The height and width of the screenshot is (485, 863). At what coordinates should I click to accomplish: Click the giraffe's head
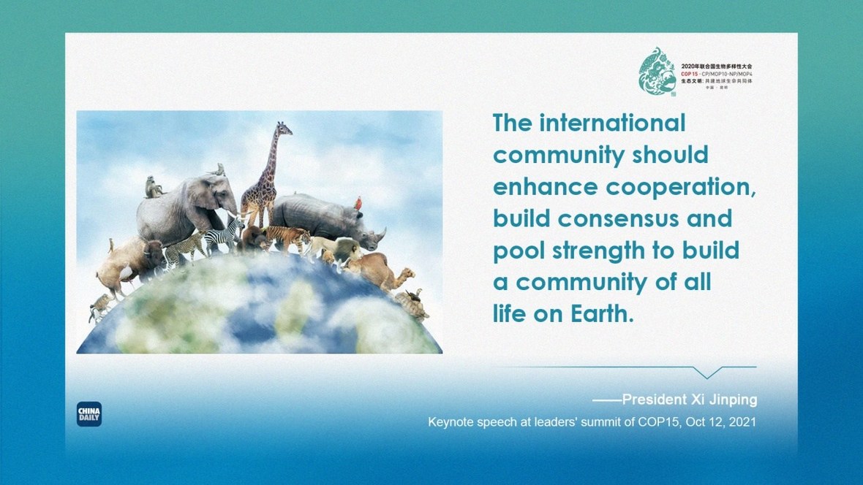pos(283,129)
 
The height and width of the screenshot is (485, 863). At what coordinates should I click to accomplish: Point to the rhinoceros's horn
pos(381,233)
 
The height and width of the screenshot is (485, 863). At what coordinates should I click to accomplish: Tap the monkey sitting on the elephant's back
pos(154,188)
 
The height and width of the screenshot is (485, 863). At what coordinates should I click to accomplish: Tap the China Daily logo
pos(89,414)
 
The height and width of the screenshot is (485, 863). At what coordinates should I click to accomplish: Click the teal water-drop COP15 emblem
pos(657,73)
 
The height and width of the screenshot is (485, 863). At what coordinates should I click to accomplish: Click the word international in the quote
pos(613,123)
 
